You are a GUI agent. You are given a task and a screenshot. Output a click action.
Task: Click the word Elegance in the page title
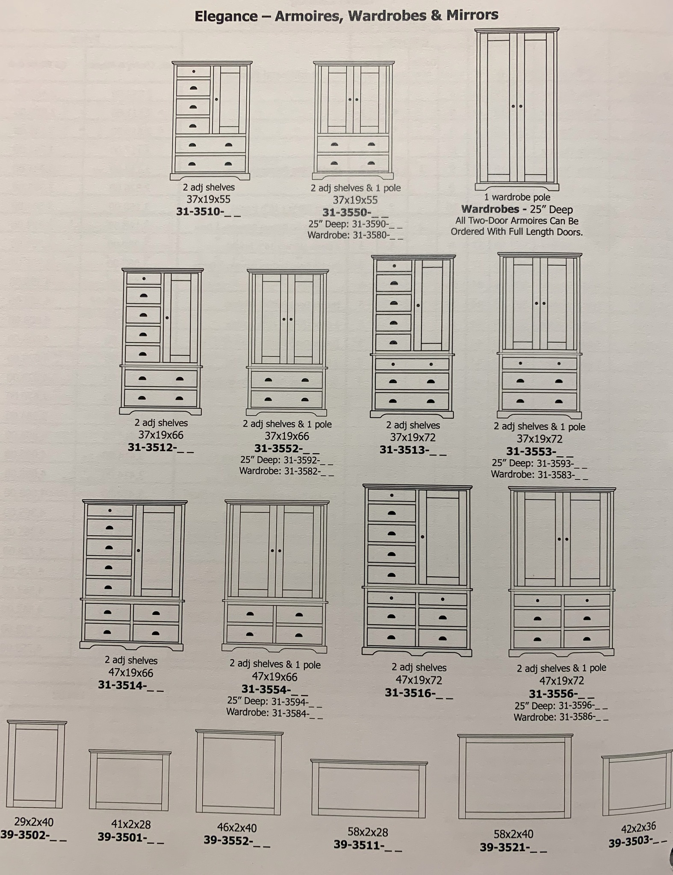coord(226,16)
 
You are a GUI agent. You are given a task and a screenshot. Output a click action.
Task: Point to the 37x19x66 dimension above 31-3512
coord(160,435)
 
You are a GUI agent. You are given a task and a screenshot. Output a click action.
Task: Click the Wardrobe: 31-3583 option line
coord(539,474)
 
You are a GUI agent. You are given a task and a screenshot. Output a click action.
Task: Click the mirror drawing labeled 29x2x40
coord(36,764)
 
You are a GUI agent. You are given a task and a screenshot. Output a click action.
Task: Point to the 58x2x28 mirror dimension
coord(368,832)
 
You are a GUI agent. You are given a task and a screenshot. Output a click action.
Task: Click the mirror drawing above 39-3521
coord(515,776)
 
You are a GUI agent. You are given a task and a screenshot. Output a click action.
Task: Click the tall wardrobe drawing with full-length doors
coord(517,109)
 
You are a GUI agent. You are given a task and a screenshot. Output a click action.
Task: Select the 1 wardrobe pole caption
coord(517,197)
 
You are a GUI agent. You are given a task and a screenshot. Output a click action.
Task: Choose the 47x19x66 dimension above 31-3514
coord(130,672)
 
